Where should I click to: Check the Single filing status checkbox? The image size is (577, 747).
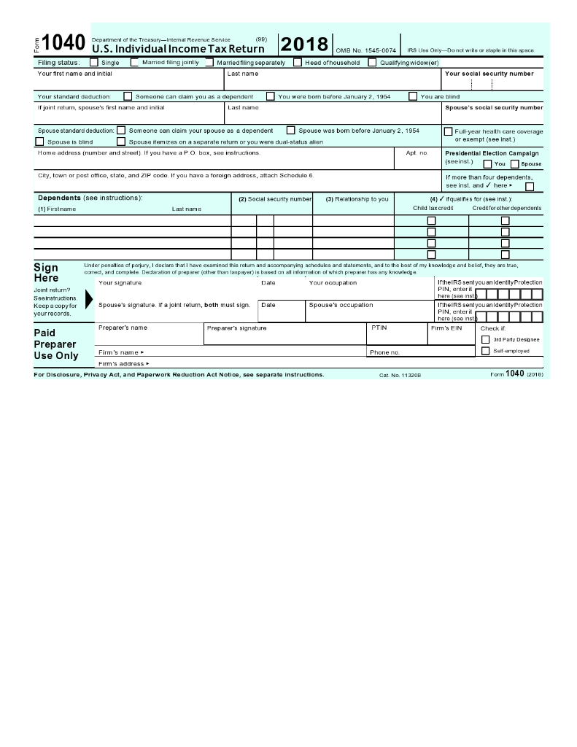pyautogui.click(x=93, y=63)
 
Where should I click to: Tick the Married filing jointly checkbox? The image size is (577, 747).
pyautogui.click(x=135, y=63)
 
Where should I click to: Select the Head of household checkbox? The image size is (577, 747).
pyautogui.click(x=298, y=63)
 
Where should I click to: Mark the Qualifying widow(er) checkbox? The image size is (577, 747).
pyautogui.click(x=373, y=63)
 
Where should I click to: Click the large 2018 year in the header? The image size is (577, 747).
pyautogui.click(x=304, y=44)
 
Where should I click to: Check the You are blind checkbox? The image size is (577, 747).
pyautogui.click(x=413, y=96)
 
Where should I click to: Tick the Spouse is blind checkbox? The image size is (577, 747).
pyautogui.click(x=40, y=142)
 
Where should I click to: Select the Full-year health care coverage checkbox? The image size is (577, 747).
pyautogui.click(x=449, y=131)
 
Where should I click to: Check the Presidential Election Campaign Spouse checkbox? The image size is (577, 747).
pyautogui.click(x=514, y=164)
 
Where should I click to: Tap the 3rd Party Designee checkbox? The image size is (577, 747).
pyautogui.click(x=486, y=339)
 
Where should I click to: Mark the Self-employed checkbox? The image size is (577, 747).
pyautogui.click(x=486, y=351)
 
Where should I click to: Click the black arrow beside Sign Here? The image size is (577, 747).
pyautogui.click(x=90, y=299)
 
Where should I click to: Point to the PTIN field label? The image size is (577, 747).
pyautogui.click(x=379, y=328)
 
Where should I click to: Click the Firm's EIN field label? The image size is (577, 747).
pyautogui.click(x=446, y=328)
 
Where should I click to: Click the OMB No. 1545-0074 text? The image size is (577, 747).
pyautogui.click(x=365, y=50)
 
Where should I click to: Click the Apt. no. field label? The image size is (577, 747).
pyautogui.click(x=417, y=153)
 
